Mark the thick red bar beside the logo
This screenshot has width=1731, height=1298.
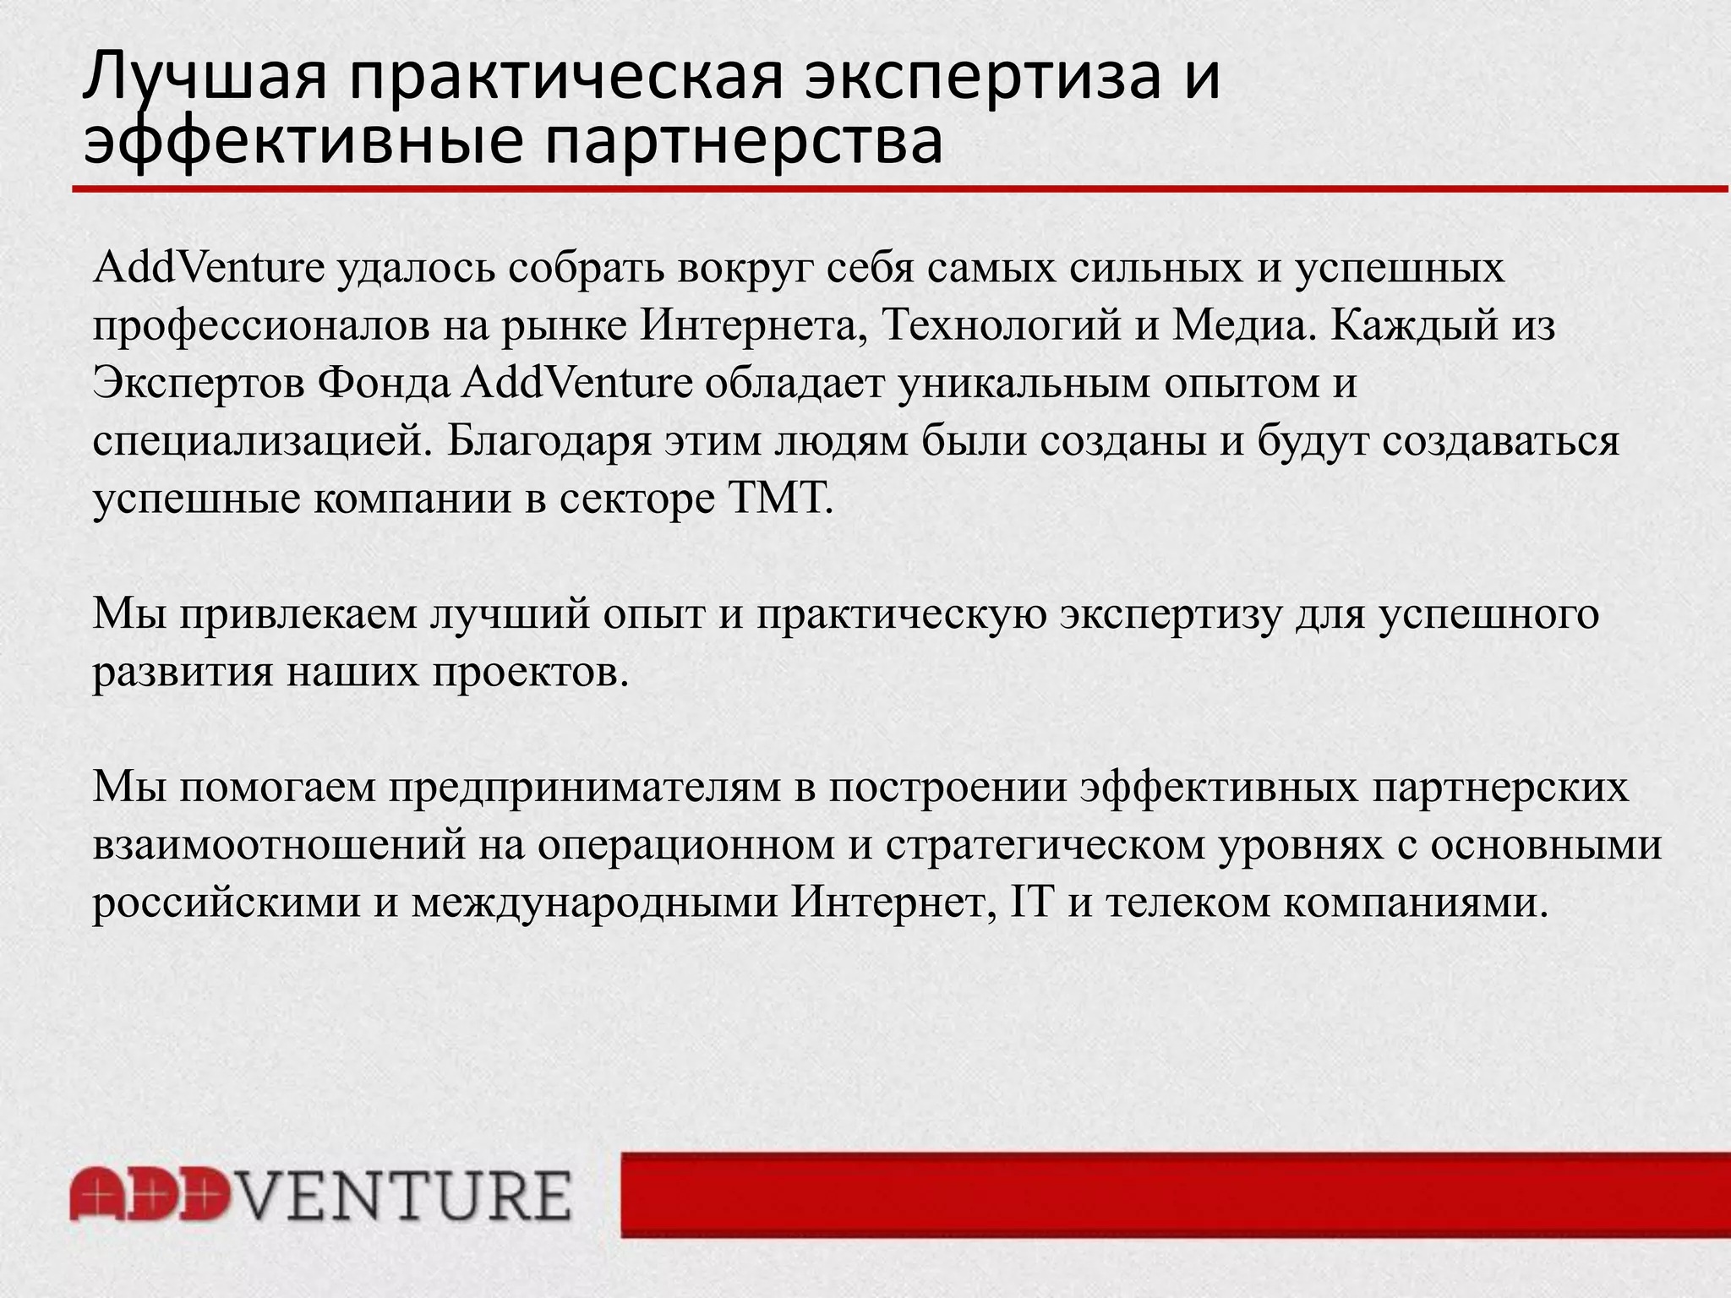click(1175, 1194)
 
